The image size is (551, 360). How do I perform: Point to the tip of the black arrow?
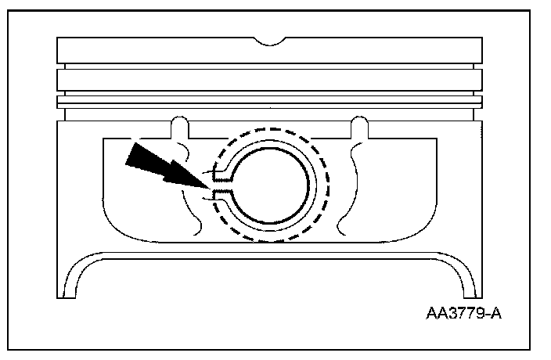pyautogui.click(x=209, y=189)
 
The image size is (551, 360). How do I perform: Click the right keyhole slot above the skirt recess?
pyautogui.click(x=359, y=126)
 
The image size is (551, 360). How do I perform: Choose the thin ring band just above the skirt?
pyautogui.click(x=270, y=102)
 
